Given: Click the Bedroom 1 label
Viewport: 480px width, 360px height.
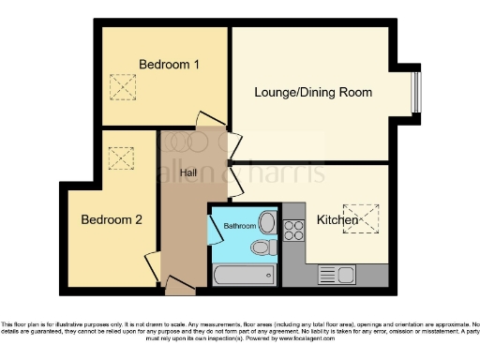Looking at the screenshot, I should [x=170, y=64].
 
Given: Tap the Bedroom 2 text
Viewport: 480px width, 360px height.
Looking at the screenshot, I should [x=111, y=220].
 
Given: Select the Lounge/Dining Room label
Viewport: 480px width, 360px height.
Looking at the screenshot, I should [x=314, y=92].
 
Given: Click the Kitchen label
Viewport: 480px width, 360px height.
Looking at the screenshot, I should [x=337, y=220].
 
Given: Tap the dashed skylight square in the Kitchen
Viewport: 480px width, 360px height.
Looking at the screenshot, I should [x=357, y=217].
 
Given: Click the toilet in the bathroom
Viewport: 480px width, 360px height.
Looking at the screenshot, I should [x=262, y=247].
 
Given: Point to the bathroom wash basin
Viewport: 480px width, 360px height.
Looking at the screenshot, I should [x=267, y=222].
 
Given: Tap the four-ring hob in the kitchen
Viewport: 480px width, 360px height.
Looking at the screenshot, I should [x=293, y=229].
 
